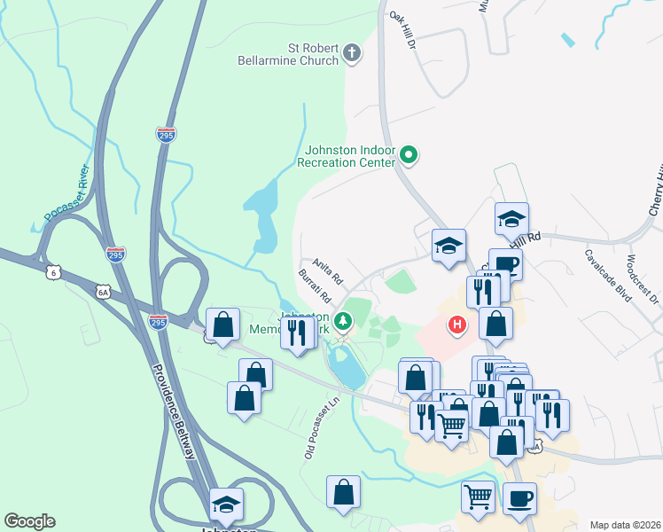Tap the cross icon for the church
(x=351, y=54)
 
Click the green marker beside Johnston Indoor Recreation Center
(x=408, y=157)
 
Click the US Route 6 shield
(x=54, y=271)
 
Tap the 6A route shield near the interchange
(x=103, y=291)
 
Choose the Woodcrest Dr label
(x=643, y=280)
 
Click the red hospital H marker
(x=457, y=325)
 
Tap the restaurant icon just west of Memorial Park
(x=297, y=332)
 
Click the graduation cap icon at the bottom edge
(x=226, y=505)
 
